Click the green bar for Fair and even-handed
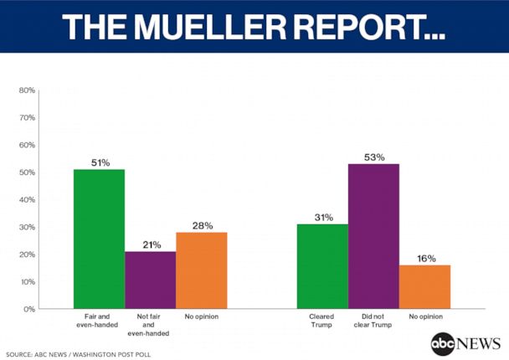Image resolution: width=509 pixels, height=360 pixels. (x=99, y=239)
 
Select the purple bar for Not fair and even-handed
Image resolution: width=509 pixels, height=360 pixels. (x=151, y=280)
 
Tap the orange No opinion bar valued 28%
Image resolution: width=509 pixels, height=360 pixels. (x=202, y=270)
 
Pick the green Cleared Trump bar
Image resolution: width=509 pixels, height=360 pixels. (x=323, y=266)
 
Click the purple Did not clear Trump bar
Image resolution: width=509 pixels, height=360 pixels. (x=373, y=236)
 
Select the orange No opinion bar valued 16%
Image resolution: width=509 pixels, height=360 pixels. (x=424, y=286)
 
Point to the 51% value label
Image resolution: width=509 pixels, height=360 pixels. (x=99, y=162)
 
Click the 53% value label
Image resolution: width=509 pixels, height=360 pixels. (x=373, y=157)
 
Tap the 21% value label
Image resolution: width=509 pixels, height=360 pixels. (x=151, y=244)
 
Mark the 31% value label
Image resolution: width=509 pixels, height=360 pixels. (x=323, y=217)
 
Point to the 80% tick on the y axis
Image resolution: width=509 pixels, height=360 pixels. (x=27, y=90)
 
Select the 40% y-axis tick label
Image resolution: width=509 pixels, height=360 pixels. (x=27, y=199)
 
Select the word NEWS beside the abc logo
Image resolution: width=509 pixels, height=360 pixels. (x=479, y=344)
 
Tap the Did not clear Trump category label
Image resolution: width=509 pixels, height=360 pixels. (x=373, y=321)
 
